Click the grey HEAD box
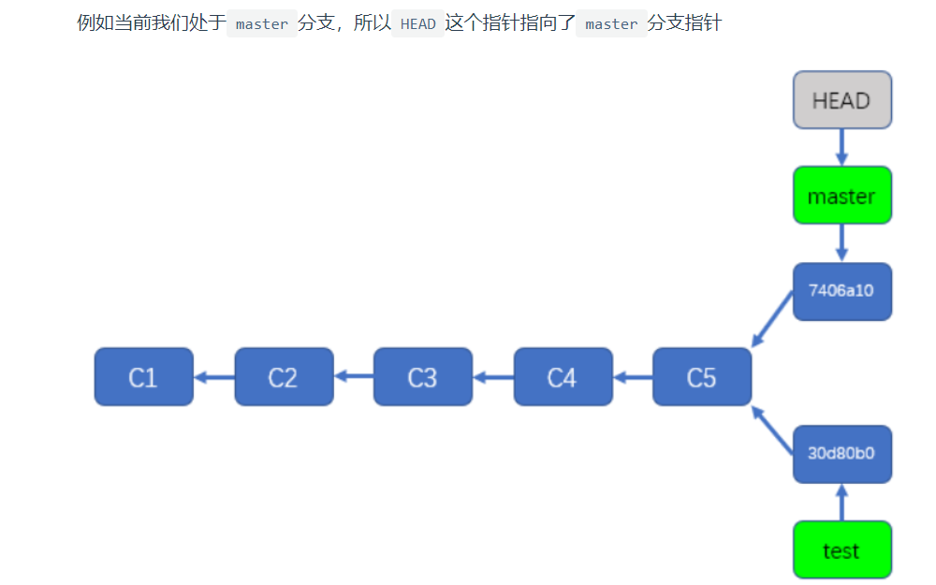point(841,100)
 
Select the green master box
point(841,196)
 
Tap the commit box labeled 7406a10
point(841,291)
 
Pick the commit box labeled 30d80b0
point(841,454)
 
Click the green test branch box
point(841,550)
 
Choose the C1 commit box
point(143,377)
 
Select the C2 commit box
point(284,377)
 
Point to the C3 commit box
point(422,377)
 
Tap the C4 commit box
point(563,377)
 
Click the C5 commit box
point(701,377)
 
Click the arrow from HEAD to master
point(841,147)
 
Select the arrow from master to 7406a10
point(841,243)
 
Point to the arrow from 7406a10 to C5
point(773,319)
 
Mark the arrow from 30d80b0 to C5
point(773,431)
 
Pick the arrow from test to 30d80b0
point(841,503)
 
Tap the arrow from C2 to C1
point(213,377)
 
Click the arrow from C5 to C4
point(633,377)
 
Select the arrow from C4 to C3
point(493,377)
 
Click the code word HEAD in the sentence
point(418,24)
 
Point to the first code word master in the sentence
point(262,24)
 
